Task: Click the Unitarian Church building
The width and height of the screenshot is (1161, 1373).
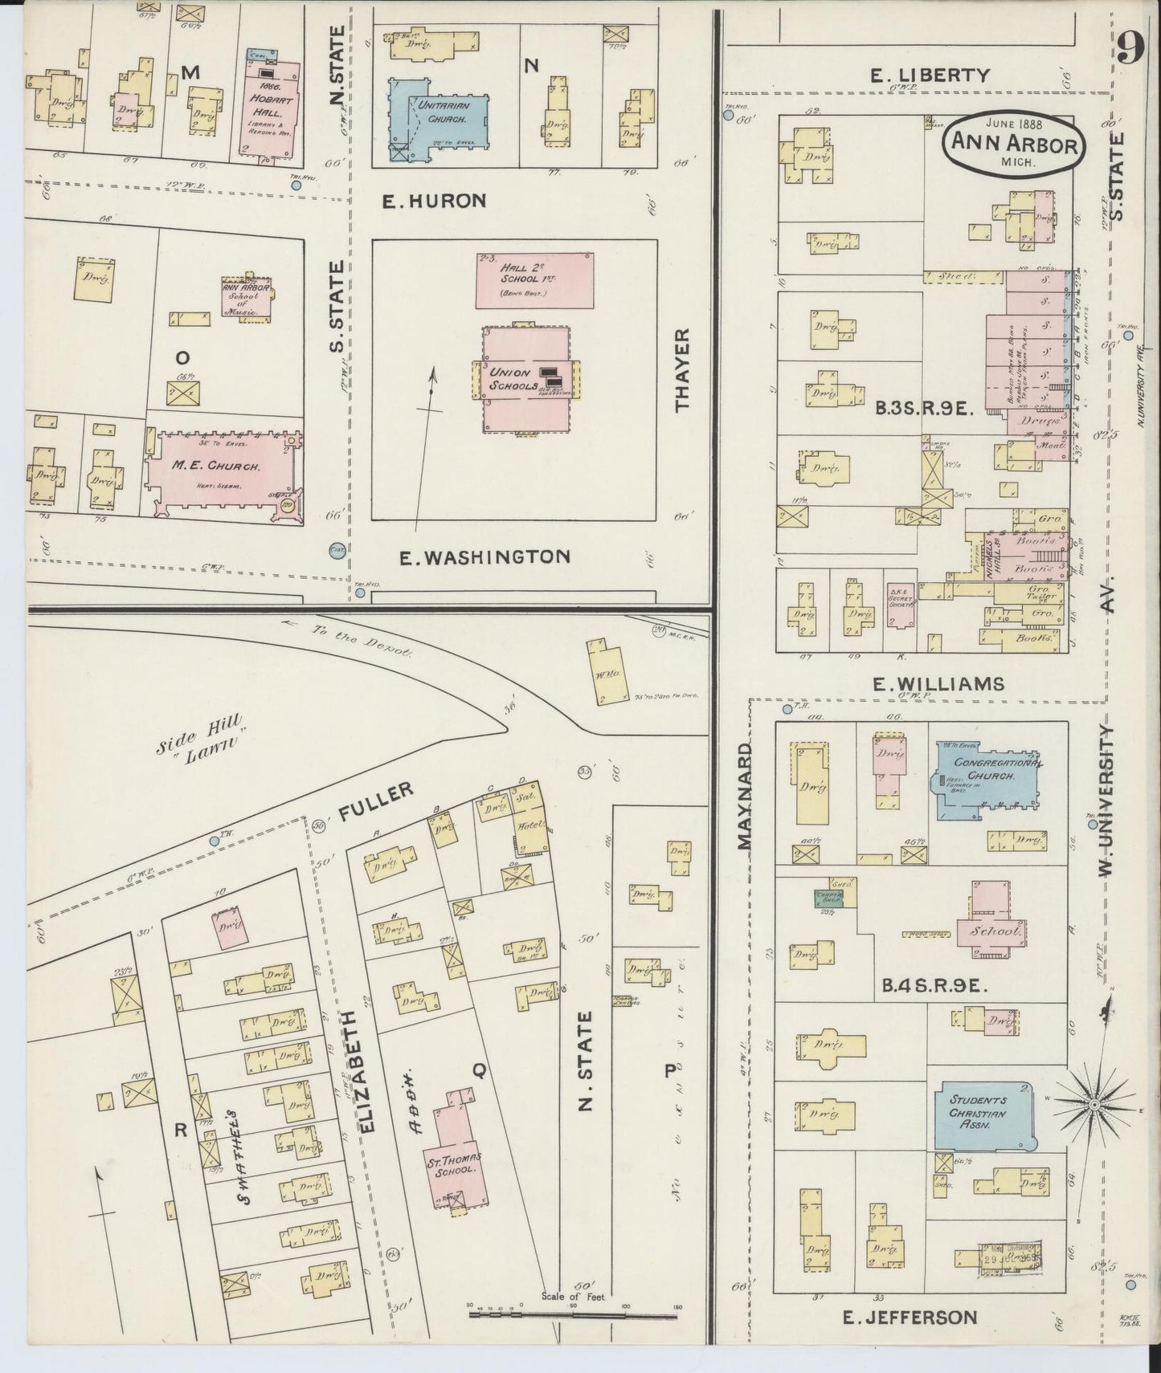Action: [440, 118]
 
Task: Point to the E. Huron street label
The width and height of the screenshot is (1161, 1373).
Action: [435, 201]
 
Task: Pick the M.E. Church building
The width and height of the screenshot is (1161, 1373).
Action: [223, 477]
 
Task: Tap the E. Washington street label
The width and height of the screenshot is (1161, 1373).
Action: [485, 556]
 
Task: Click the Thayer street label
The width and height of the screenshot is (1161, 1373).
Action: [683, 369]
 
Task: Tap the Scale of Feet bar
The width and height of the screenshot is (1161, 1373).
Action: [574, 1315]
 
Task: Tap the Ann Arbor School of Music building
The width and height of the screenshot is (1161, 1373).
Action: [246, 297]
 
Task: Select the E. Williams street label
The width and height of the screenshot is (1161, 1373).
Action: [938, 683]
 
